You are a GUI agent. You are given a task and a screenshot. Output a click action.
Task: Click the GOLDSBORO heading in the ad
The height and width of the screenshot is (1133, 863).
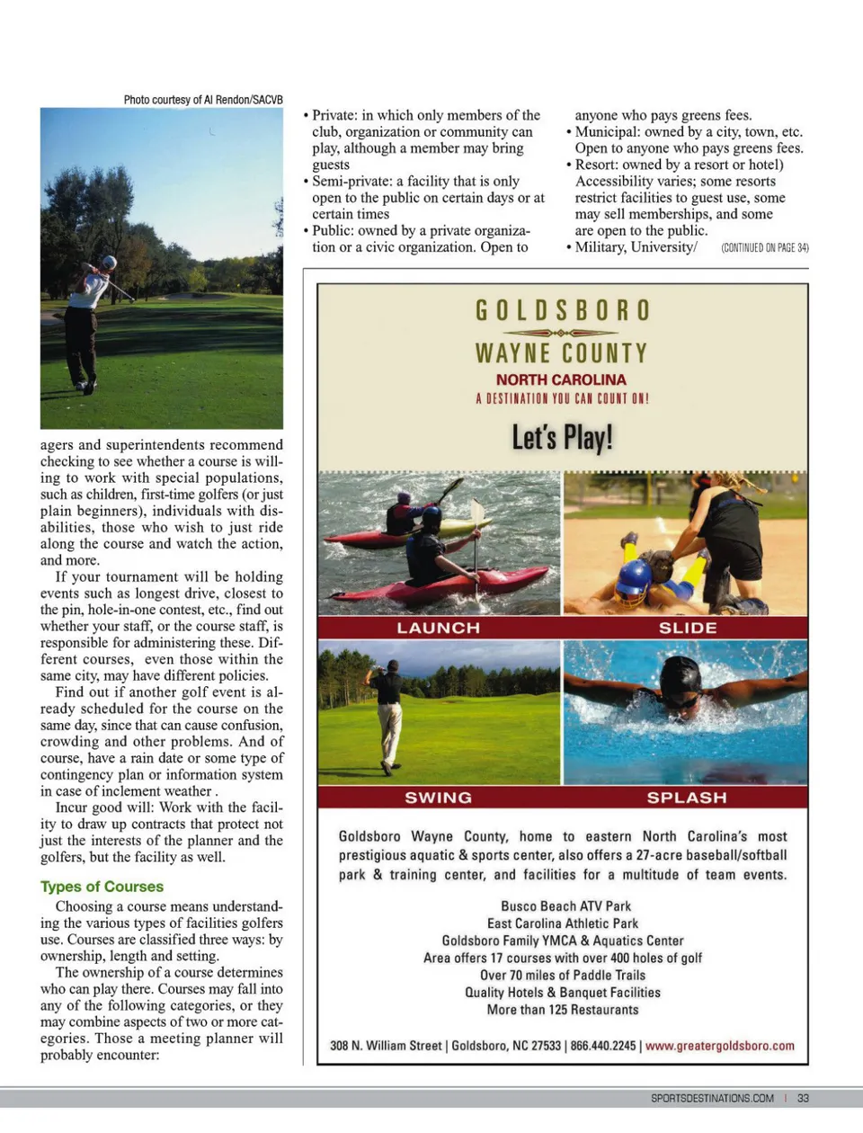pyautogui.click(x=562, y=310)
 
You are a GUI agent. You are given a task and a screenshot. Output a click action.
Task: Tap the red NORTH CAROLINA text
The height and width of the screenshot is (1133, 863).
pyautogui.click(x=561, y=379)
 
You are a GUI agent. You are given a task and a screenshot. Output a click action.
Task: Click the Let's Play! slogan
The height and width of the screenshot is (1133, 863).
pyautogui.click(x=562, y=438)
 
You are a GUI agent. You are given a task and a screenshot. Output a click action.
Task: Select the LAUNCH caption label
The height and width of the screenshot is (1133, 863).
pyautogui.click(x=439, y=628)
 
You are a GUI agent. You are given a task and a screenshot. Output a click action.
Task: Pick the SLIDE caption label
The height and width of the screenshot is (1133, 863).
pyautogui.click(x=688, y=628)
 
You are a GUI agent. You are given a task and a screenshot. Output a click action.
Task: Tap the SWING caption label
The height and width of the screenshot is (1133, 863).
pyautogui.click(x=439, y=798)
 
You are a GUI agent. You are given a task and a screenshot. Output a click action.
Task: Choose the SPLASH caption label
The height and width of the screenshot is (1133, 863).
pyautogui.click(x=687, y=798)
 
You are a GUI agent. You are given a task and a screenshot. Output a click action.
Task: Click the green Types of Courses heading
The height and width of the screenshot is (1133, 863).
pyautogui.click(x=102, y=887)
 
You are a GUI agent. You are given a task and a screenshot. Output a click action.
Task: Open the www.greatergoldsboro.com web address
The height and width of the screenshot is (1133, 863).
pyautogui.click(x=720, y=1046)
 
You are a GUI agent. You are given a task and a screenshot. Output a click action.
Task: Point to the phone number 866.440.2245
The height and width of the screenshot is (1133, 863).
pyautogui.click(x=602, y=1046)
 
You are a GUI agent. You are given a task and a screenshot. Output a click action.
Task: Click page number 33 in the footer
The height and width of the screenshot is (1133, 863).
pyautogui.click(x=803, y=1098)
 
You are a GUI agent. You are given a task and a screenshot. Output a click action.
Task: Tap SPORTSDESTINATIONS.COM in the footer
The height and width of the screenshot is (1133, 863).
pyautogui.click(x=712, y=1098)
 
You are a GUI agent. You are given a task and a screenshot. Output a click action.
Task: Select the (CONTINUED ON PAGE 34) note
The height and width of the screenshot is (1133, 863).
pyautogui.click(x=764, y=247)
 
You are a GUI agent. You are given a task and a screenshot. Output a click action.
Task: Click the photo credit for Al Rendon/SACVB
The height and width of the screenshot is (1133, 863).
pyautogui.click(x=203, y=100)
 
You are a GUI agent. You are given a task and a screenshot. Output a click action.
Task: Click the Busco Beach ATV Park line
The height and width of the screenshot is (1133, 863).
pyautogui.click(x=565, y=906)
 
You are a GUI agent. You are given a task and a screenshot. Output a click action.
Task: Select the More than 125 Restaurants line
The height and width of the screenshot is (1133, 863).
pyautogui.click(x=563, y=1010)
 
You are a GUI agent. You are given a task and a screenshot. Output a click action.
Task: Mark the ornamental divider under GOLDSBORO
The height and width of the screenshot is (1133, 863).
pyautogui.click(x=561, y=333)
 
